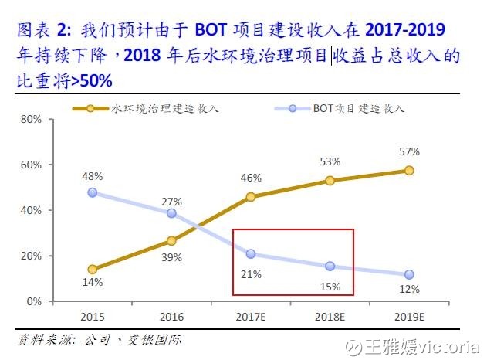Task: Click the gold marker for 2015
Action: (93, 270)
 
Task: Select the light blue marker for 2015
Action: (93, 192)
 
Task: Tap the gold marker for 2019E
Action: (409, 171)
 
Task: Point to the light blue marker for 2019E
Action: (409, 274)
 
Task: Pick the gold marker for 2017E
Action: (251, 197)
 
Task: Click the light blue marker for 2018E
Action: (330, 266)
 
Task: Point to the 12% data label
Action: (409, 289)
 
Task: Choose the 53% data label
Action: (330, 161)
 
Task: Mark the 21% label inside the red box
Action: (251, 273)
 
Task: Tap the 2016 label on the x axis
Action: (171, 317)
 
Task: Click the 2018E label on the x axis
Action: (330, 317)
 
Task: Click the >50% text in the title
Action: (93, 80)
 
